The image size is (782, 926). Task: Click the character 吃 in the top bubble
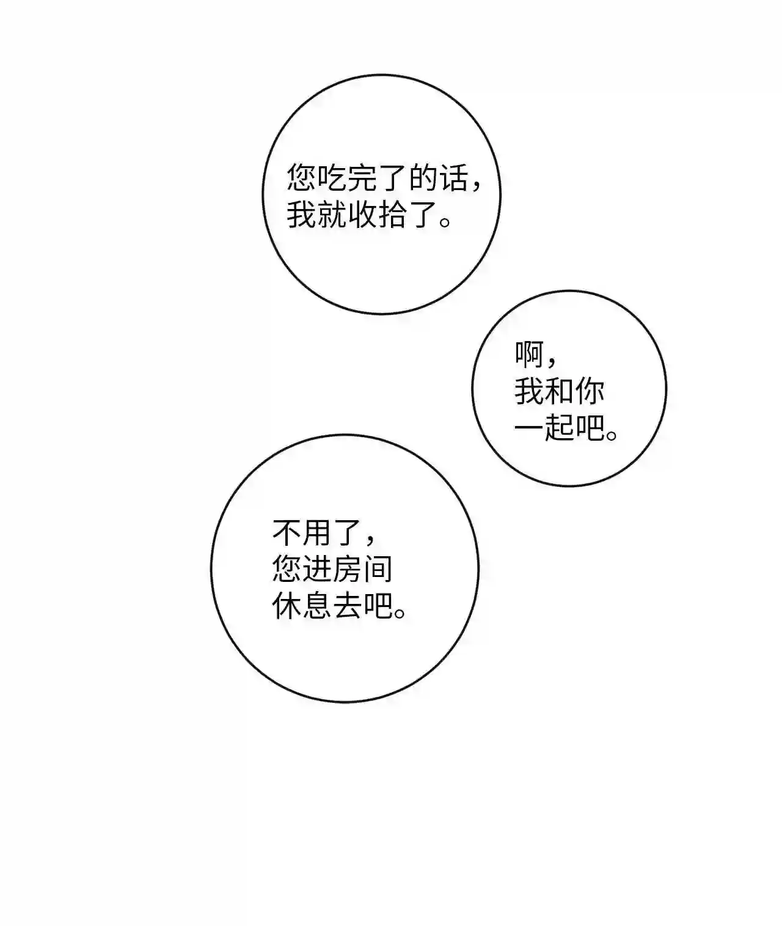[332, 179]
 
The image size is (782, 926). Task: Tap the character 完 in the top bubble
[363, 179]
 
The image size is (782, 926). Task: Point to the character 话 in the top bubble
[453, 179]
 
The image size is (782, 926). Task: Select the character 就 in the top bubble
[332, 215]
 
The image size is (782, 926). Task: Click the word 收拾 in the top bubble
[378, 215]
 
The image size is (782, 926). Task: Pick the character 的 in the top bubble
[423, 179]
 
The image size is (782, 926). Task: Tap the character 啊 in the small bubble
[529, 355]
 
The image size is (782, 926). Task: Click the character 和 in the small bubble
[559, 391]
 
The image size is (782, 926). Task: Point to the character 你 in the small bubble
[589, 391]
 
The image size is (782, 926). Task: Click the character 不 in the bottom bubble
[287, 533]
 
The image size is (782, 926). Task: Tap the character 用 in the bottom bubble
[318, 533]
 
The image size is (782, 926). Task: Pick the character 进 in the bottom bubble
[318, 570]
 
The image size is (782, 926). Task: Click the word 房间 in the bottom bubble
[363, 570]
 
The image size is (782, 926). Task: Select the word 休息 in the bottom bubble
[302, 606]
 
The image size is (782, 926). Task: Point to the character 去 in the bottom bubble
[348, 606]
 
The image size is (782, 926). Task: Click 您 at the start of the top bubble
[302, 179]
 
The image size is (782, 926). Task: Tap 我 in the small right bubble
[529, 391]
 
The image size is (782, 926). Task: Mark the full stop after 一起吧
[612, 435]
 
